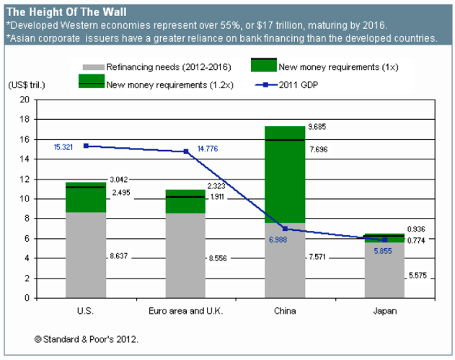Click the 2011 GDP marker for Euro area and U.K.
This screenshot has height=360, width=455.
pyautogui.click(x=186, y=152)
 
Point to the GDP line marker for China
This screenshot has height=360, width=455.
pyautogui.click(x=286, y=229)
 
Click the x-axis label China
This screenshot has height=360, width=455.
pyautogui.click(x=285, y=311)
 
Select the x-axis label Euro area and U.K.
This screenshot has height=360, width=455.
pyautogui.click(x=185, y=311)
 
